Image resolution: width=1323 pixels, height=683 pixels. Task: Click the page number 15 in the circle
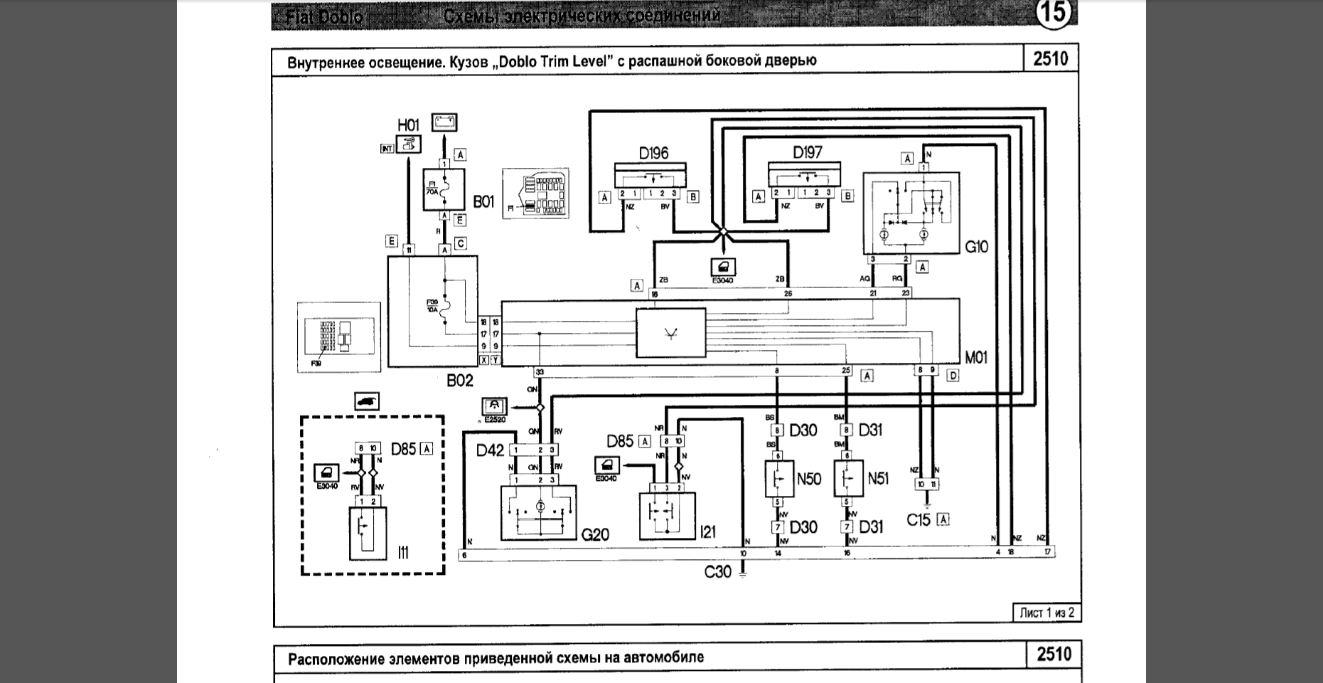[x=1053, y=14]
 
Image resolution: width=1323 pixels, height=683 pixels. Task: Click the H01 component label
[x=408, y=125]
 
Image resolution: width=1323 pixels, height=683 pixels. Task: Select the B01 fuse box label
[x=483, y=202]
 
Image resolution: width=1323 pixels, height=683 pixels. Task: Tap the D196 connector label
[x=653, y=153]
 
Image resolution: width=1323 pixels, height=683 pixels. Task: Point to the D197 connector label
[x=807, y=152]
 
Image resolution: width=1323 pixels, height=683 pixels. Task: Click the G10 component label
[x=976, y=247]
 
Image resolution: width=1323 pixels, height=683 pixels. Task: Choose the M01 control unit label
[x=976, y=357]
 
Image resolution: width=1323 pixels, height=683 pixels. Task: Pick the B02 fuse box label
[x=459, y=381]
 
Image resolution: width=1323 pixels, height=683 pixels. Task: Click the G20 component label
[x=595, y=534]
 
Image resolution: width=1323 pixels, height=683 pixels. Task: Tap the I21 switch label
[x=707, y=531]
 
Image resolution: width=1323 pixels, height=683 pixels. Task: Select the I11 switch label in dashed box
[x=403, y=551]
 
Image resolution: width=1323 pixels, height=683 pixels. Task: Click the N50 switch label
[x=809, y=479]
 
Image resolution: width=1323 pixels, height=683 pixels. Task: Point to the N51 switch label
[x=878, y=479]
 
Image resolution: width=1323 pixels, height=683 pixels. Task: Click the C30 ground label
[x=717, y=571]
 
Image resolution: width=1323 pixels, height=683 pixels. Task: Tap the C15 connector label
[x=918, y=520]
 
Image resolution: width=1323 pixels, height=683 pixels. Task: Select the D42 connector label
[x=490, y=450]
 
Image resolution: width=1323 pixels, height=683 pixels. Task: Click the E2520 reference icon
[x=494, y=408]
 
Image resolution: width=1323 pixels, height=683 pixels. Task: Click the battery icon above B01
[x=444, y=122]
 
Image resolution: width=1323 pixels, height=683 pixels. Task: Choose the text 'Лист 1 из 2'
[x=1046, y=613]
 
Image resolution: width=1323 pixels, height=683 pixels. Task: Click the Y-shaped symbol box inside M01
[x=670, y=333]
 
